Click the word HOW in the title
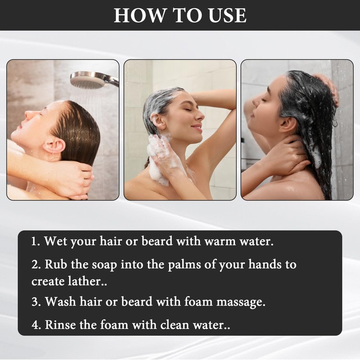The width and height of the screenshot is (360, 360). tap(139, 15)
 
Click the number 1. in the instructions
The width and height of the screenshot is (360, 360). tap(36, 242)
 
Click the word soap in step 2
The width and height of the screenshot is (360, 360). tap(104, 265)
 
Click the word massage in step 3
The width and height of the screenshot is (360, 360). tap(241, 302)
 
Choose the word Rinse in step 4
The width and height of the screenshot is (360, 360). tap(60, 325)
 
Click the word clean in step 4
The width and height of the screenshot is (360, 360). tap(175, 325)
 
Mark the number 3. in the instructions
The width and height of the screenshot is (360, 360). tap(36, 301)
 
